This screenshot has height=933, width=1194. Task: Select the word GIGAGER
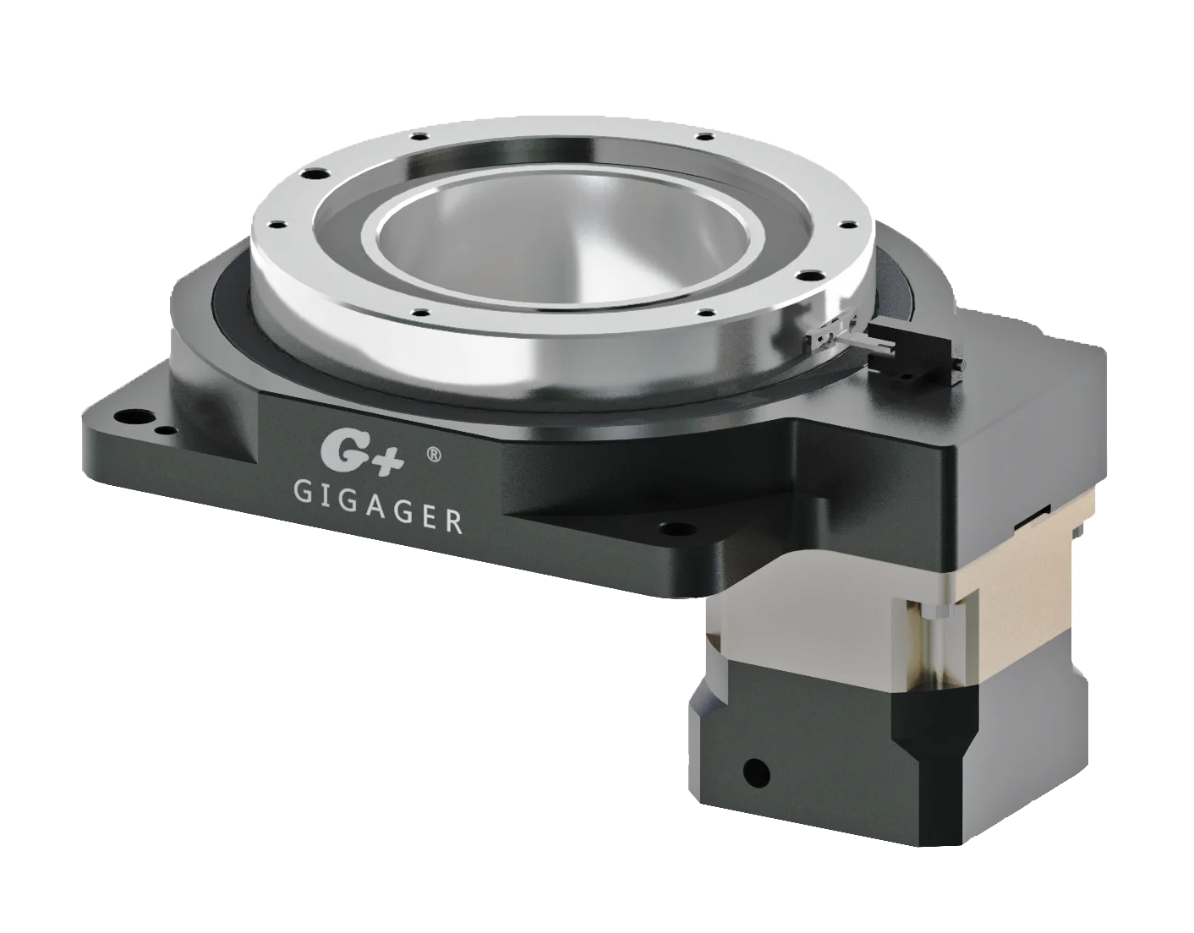click(378, 505)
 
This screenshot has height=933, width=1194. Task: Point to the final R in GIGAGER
click(454, 522)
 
